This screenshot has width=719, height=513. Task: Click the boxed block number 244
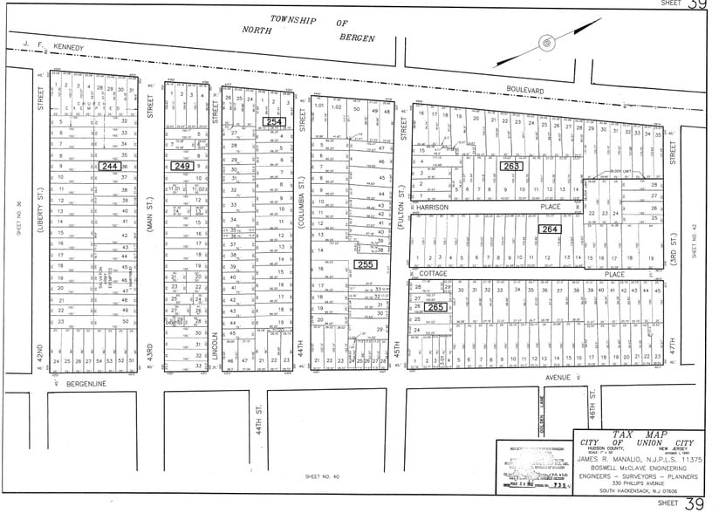pos(110,165)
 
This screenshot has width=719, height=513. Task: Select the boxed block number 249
pos(182,165)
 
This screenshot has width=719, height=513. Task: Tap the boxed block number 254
pos(273,122)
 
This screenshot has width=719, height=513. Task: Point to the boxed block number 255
pos(365,264)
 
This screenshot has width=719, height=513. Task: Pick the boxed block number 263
pos(510,165)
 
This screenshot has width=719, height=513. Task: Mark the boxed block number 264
pos(550,229)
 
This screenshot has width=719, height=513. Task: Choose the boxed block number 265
pos(437,306)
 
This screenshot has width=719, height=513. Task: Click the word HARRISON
pos(432,208)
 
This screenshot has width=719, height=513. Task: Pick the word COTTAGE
pos(432,273)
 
